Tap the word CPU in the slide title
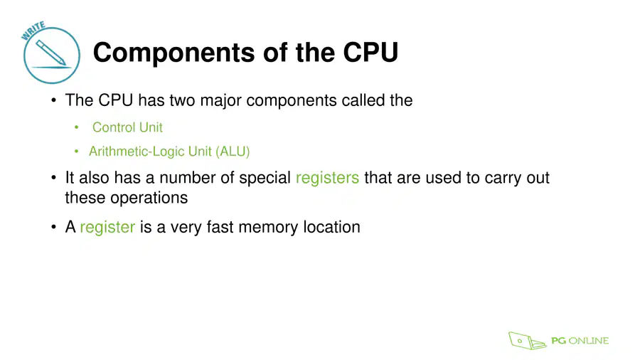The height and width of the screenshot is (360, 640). click(x=370, y=52)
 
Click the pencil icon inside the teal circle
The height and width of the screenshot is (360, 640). click(x=50, y=52)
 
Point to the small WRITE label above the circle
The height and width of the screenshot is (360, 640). click(x=33, y=31)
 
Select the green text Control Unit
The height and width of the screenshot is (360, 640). click(x=127, y=127)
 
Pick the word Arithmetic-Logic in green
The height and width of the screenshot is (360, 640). click(x=137, y=152)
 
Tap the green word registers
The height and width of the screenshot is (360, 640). click(x=327, y=179)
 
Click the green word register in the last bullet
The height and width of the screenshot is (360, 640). click(x=107, y=228)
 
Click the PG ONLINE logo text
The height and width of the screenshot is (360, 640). click(x=580, y=341)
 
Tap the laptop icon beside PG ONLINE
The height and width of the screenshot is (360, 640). click(x=526, y=341)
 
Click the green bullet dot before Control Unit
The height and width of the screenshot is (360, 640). click(x=76, y=127)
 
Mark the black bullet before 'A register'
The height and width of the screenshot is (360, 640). click(x=53, y=227)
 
